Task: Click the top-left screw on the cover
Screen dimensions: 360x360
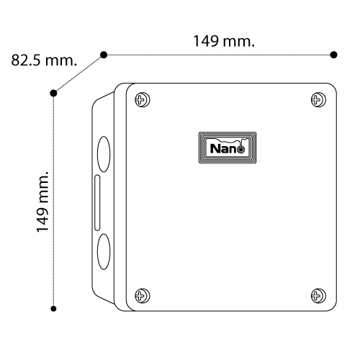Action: (x=143, y=99)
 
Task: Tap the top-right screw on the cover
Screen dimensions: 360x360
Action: (x=318, y=99)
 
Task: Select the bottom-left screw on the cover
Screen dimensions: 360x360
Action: (x=143, y=296)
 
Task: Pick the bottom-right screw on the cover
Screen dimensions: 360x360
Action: (x=318, y=296)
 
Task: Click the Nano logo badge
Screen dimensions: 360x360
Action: (x=228, y=148)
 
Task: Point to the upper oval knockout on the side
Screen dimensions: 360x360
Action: (x=104, y=154)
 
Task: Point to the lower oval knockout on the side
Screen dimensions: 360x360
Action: (x=104, y=251)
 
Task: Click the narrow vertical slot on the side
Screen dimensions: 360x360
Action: (x=97, y=203)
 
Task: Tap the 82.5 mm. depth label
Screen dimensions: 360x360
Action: (x=44, y=60)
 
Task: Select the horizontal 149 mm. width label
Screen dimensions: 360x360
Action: (x=224, y=41)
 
